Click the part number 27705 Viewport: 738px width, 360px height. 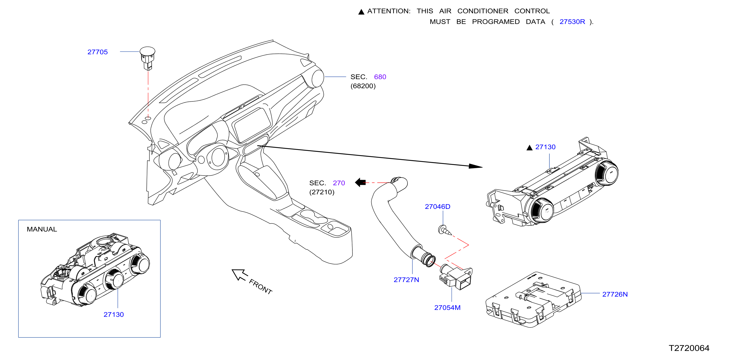pos(97,52)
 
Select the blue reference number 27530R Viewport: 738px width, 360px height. pos(572,22)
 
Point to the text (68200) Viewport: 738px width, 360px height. pos(363,86)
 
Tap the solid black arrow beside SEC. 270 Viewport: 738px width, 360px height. pos(360,182)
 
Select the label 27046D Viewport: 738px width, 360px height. pos(438,206)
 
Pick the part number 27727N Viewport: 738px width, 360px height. pos(406,280)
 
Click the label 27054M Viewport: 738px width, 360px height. pos(447,308)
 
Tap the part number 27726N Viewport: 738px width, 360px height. pos(615,295)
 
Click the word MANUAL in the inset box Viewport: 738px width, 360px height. pos(42,229)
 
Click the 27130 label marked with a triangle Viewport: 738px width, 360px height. pos(545,147)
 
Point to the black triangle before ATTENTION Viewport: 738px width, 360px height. pos(361,12)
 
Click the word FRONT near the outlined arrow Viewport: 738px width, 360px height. pos(260,286)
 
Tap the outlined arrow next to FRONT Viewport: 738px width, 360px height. pos(239,275)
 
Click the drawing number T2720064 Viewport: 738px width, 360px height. pos(689,348)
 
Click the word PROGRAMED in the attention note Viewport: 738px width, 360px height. pos(496,22)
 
